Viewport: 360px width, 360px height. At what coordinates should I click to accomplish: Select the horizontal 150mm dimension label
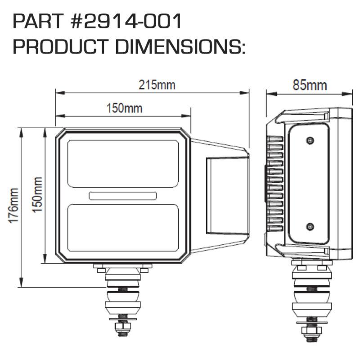(124, 108)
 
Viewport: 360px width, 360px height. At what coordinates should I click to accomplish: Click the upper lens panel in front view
(123, 163)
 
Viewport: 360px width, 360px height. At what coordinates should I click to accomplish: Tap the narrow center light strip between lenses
(123, 195)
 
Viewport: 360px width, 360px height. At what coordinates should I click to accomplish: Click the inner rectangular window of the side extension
(227, 195)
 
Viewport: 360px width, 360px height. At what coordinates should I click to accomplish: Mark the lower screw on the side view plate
(309, 226)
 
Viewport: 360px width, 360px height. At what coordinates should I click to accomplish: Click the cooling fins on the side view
(275, 184)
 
